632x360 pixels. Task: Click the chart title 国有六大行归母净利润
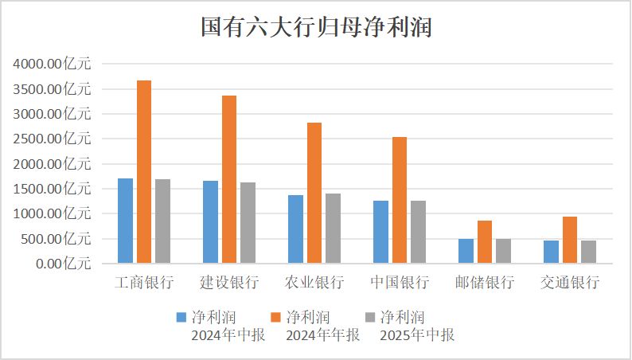pos(316,28)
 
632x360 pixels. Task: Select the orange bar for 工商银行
pos(144,171)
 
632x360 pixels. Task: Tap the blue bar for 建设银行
pos(210,221)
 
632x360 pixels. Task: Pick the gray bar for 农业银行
pos(333,228)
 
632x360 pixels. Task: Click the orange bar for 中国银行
pos(400,200)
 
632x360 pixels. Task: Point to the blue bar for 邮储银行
pos(466,250)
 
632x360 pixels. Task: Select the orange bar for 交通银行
pos(569,239)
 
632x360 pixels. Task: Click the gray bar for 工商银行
pos(162,221)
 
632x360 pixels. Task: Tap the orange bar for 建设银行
pos(229,179)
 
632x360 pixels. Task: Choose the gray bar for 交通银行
pos(588,251)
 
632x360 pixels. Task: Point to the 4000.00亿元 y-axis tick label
pos(53,65)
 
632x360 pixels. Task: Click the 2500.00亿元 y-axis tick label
pos(53,139)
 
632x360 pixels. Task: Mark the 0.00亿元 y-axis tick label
pos(63,264)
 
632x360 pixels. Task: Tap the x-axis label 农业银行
pos(314,283)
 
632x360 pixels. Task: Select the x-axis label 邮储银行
pos(485,283)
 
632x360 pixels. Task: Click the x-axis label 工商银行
pos(144,283)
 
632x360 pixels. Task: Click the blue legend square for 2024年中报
pos(181,317)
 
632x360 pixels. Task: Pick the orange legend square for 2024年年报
pos(276,317)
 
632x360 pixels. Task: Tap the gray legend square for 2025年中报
pos(370,317)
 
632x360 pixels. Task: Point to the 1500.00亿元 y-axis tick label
pos(53,189)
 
